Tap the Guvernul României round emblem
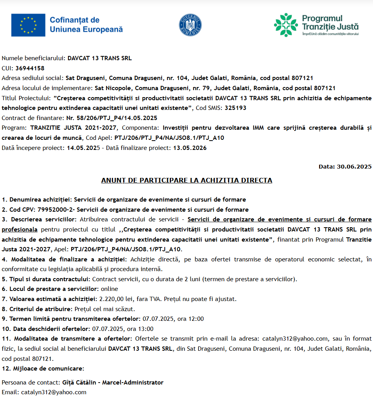pyautogui.click(x=190, y=24)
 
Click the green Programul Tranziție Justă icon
pyautogui.click(x=286, y=24)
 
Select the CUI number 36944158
pyautogui.click(x=30, y=68)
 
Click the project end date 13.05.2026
pyautogui.click(x=190, y=148)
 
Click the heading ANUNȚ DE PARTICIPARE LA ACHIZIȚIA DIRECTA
pyautogui.click(x=186, y=180)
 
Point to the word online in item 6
pyautogui.click(x=110, y=289)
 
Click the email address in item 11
pyautogui.click(x=295, y=339)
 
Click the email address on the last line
pyautogui.click(x=54, y=393)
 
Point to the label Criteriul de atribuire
pyautogui.click(x=37, y=309)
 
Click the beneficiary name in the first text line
pyautogui.click(x=99, y=58)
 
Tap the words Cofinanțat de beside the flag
pyautogui.click(x=75, y=20)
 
